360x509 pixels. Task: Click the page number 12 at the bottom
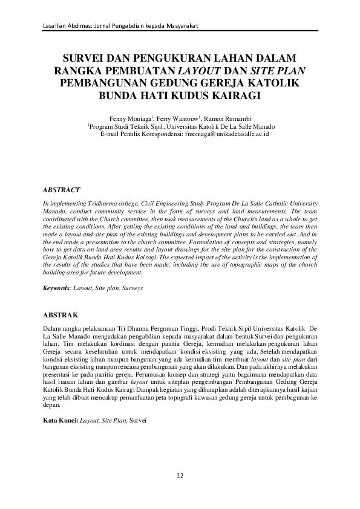click(x=180, y=476)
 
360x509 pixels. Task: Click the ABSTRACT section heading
click(x=62, y=190)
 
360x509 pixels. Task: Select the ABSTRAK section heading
click(x=61, y=316)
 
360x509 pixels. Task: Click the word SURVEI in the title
click(x=85, y=59)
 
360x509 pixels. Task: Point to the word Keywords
click(x=56, y=289)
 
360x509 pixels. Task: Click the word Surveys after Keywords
click(x=133, y=289)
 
